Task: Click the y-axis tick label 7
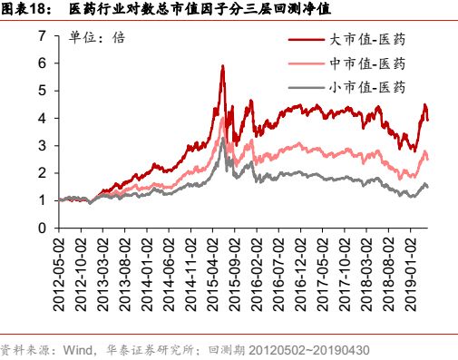pos(42,36)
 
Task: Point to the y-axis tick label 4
pos(42,118)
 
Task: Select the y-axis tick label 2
pos(42,173)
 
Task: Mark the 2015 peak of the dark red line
pos(222,67)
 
